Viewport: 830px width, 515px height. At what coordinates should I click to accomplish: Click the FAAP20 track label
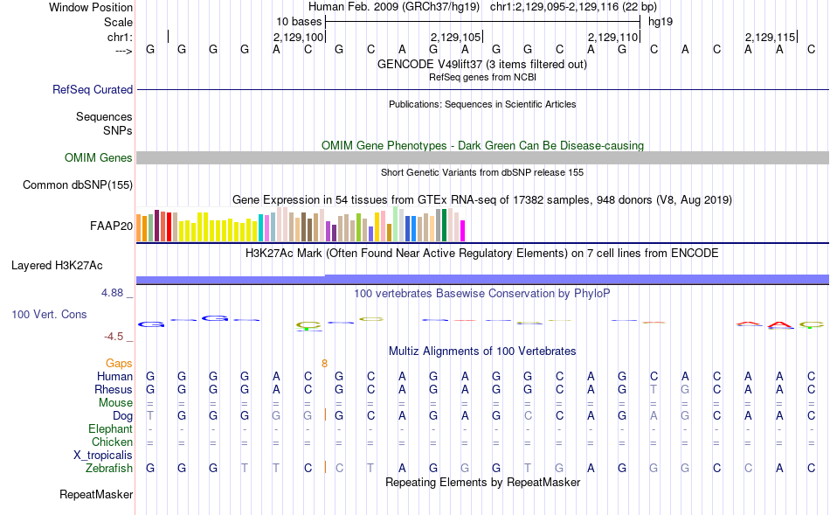[x=111, y=226]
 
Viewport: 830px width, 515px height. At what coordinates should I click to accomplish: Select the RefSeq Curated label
[x=93, y=89]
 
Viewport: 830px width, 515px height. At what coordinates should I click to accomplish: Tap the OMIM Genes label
[x=99, y=158]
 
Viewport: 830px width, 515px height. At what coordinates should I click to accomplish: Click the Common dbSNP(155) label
[x=78, y=184]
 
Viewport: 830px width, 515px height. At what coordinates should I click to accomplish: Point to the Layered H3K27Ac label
[x=72, y=265]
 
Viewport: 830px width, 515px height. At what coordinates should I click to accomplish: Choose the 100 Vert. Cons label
[x=49, y=314]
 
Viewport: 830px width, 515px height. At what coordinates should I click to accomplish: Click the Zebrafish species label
[x=109, y=469]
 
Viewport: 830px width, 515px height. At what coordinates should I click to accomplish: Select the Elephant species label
[x=110, y=428]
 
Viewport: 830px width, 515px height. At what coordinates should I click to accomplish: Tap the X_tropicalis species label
[x=103, y=456]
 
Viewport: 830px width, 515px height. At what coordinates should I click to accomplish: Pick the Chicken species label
[x=112, y=442]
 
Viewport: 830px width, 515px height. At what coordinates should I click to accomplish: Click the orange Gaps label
[x=119, y=363]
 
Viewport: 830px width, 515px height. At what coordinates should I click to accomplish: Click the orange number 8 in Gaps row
[x=324, y=363]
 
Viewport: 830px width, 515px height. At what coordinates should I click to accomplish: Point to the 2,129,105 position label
[x=456, y=38]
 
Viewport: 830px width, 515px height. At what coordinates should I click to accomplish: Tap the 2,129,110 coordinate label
[x=613, y=38]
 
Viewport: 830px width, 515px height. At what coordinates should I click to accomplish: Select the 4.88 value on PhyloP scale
[x=114, y=293]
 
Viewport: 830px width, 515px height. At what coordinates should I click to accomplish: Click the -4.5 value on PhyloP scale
[x=117, y=336]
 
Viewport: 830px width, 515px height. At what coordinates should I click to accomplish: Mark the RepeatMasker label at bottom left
[x=96, y=495]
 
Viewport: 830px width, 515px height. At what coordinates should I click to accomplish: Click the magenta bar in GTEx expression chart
[x=462, y=231]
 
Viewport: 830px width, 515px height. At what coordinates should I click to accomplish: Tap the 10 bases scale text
[x=299, y=21]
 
